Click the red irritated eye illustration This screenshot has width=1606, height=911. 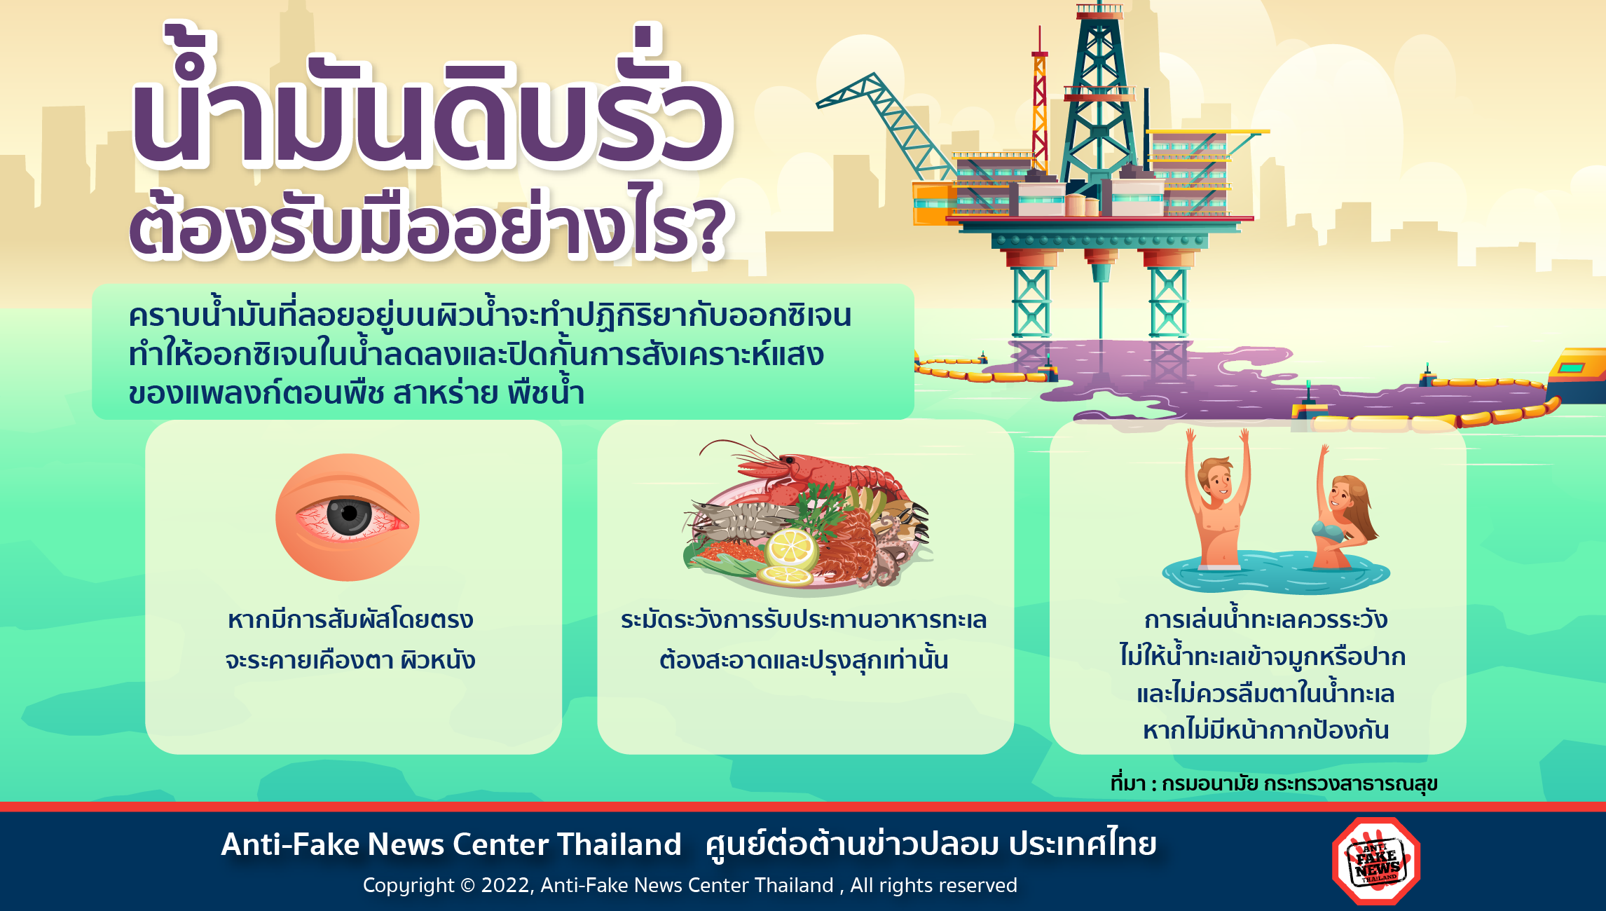348,517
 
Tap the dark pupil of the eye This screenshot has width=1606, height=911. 348,515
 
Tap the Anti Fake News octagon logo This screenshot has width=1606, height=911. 1376,861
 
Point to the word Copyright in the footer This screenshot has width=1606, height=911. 409,886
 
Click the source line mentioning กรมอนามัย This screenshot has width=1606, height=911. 1274,783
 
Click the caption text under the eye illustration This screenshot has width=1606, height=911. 350,639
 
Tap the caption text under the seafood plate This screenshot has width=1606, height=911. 804,639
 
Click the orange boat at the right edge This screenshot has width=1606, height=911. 1577,375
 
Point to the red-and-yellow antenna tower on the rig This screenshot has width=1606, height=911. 1039,105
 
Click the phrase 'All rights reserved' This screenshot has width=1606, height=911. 933,885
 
